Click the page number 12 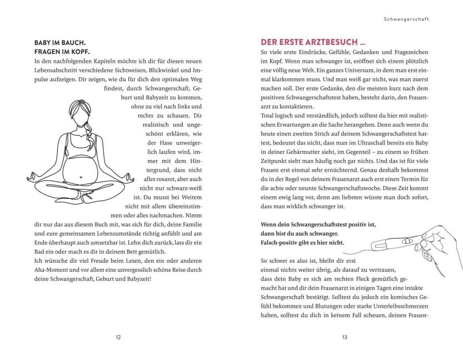[x=118, y=337]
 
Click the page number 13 [x=345, y=337]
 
